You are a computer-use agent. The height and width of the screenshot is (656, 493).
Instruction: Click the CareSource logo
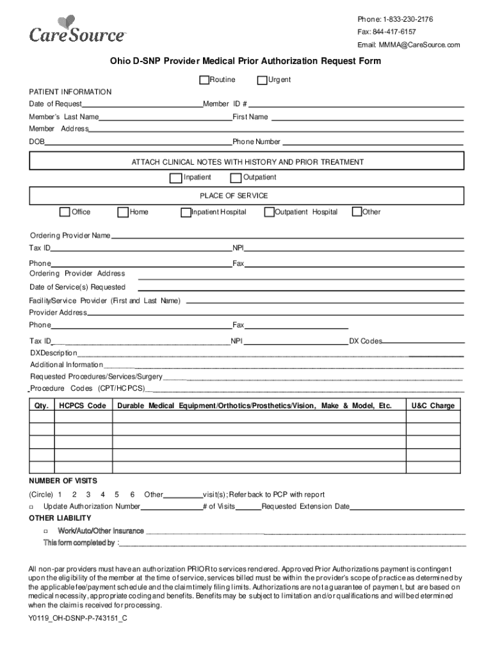(77, 30)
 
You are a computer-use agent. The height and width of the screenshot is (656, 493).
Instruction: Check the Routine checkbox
(204, 80)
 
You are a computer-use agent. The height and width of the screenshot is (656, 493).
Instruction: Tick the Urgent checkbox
(262, 80)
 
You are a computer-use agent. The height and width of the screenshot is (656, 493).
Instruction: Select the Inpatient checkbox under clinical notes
(175, 177)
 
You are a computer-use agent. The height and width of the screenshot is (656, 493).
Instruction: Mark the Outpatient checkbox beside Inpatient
(236, 177)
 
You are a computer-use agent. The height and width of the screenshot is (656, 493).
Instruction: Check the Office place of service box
(65, 212)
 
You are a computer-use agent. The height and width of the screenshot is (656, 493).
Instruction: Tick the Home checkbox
(123, 212)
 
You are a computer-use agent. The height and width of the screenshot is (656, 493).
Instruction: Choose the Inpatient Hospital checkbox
(186, 212)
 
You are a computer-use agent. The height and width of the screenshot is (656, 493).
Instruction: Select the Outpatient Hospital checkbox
(269, 212)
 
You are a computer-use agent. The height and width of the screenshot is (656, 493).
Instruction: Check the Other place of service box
(357, 212)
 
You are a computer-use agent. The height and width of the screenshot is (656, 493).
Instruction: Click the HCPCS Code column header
(83, 406)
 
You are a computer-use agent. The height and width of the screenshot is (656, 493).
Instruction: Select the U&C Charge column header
(433, 406)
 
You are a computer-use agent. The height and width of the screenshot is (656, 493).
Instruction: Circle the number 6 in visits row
(132, 495)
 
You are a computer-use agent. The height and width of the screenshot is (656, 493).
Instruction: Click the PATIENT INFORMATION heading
(70, 92)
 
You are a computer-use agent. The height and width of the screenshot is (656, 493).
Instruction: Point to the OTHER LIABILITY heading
(60, 518)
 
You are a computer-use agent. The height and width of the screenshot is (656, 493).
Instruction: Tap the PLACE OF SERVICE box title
(234, 195)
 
